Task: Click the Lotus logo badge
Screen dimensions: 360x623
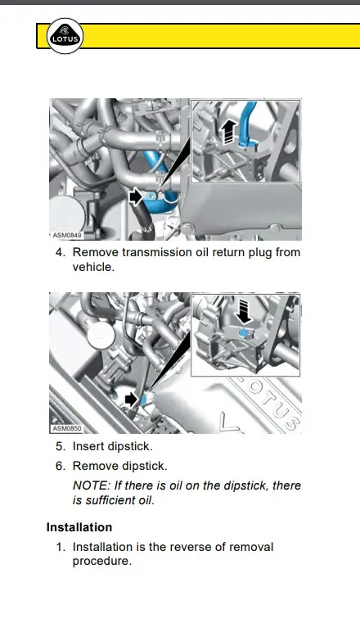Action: tap(65, 36)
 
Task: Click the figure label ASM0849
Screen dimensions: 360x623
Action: tap(67, 235)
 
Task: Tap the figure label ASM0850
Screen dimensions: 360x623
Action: tap(67, 429)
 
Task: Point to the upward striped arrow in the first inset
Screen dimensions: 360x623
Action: tap(227, 133)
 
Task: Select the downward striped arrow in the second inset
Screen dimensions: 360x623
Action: tap(243, 311)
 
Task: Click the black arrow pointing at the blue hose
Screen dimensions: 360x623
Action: tap(136, 196)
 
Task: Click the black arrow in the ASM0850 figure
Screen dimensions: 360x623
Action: tap(131, 400)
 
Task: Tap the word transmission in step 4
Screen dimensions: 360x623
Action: tap(160, 252)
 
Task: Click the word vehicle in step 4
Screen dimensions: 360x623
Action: tap(92, 267)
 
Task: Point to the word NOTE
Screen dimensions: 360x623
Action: tap(91, 485)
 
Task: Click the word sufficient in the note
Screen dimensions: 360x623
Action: tap(110, 500)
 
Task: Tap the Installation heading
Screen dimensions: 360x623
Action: tap(79, 527)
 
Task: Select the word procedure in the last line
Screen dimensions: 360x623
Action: tap(101, 562)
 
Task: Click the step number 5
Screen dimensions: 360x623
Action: tap(60, 446)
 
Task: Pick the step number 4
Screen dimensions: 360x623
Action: tap(60, 252)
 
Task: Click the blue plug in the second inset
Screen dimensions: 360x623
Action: tap(244, 332)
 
